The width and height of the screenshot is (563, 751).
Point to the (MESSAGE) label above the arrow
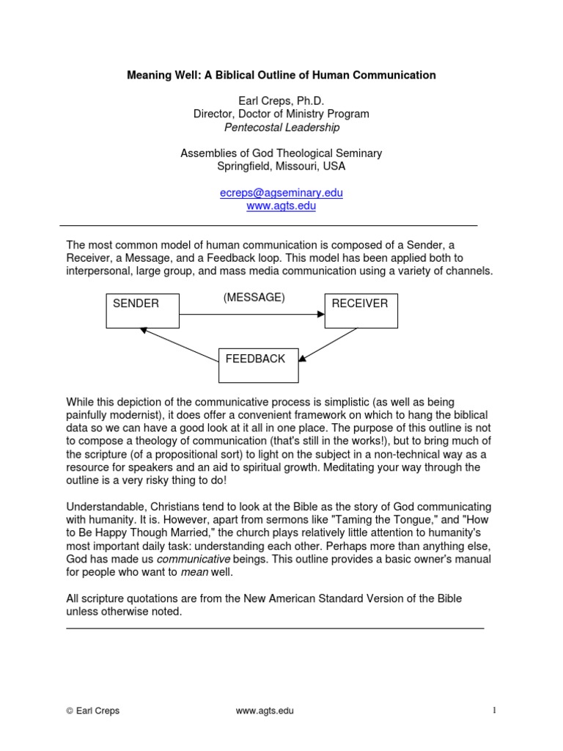coord(254,298)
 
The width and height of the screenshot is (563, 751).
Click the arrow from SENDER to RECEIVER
coord(251,315)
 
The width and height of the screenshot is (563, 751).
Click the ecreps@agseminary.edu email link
coord(281,193)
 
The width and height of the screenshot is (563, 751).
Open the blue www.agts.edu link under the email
coord(281,206)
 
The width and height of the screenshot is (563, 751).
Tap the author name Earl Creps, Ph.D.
coord(281,100)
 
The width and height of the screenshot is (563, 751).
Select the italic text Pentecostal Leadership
coord(281,127)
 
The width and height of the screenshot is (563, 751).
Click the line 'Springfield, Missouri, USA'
coord(281,166)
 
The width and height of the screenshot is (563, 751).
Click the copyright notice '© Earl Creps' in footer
coord(92,711)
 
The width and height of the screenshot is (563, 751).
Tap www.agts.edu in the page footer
coord(265,711)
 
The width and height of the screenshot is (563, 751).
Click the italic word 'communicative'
coord(195,559)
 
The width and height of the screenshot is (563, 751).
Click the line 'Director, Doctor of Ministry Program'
coord(281,114)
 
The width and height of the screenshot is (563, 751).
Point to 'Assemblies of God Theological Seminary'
coord(281,153)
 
